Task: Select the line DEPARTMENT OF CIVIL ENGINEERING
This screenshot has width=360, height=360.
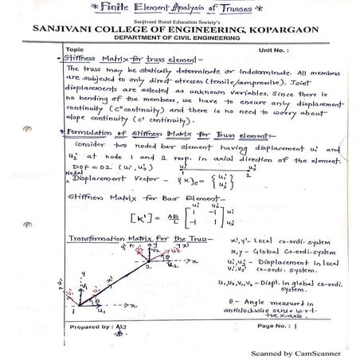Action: [180, 39]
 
